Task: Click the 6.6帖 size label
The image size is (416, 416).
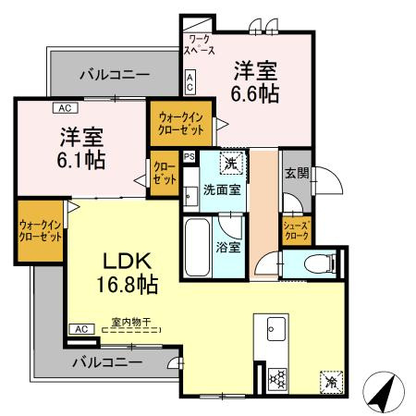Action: [x=255, y=93]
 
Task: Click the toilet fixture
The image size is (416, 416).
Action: [x=314, y=263]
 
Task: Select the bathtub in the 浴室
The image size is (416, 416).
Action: [x=198, y=241]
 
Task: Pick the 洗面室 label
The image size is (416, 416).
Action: [x=222, y=190]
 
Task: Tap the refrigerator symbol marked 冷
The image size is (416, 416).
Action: [x=330, y=381]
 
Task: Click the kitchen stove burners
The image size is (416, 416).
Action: [x=276, y=378]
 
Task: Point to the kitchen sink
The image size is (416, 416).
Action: [x=275, y=328]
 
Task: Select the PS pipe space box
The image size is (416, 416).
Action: [x=189, y=157]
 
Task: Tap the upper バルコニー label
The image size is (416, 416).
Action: [x=114, y=73]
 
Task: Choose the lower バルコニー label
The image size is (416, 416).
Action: [x=107, y=362]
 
